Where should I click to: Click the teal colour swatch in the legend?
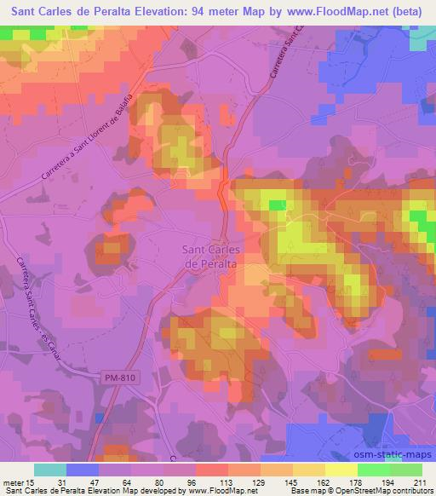point(50,470)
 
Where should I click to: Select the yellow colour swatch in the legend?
point(341,470)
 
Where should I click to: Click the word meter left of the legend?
point(13,482)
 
